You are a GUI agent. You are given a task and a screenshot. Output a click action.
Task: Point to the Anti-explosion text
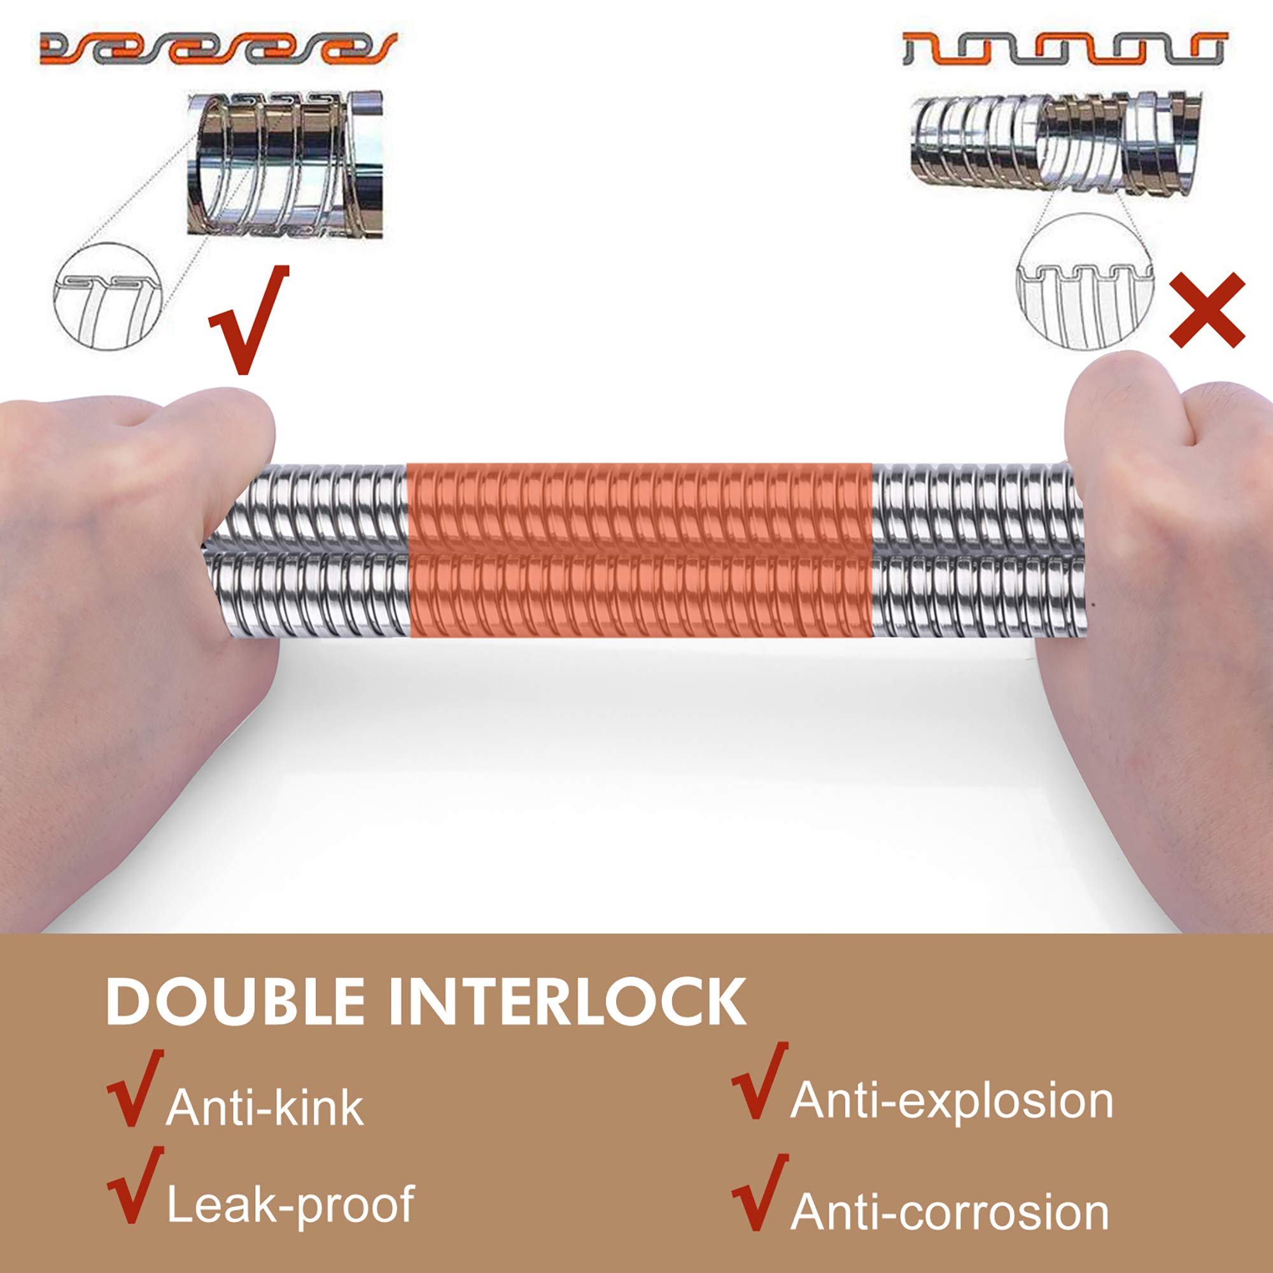click(952, 1101)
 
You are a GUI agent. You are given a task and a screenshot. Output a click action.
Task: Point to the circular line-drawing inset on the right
click(1085, 281)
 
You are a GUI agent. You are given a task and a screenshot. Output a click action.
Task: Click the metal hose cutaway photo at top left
click(285, 165)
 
